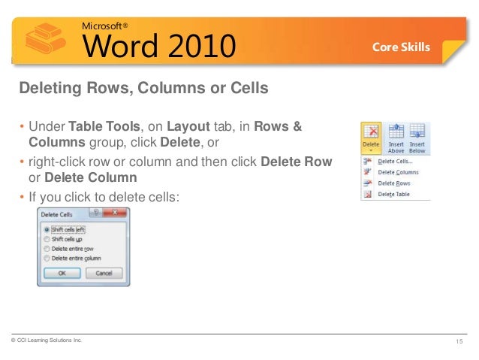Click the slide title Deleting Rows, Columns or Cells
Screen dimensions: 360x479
click(x=143, y=89)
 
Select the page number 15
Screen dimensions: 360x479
click(x=459, y=342)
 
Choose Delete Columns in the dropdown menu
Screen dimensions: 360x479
click(x=399, y=172)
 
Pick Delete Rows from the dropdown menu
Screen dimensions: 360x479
click(x=394, y=183)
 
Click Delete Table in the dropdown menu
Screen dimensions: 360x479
click(x=394, y=195)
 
